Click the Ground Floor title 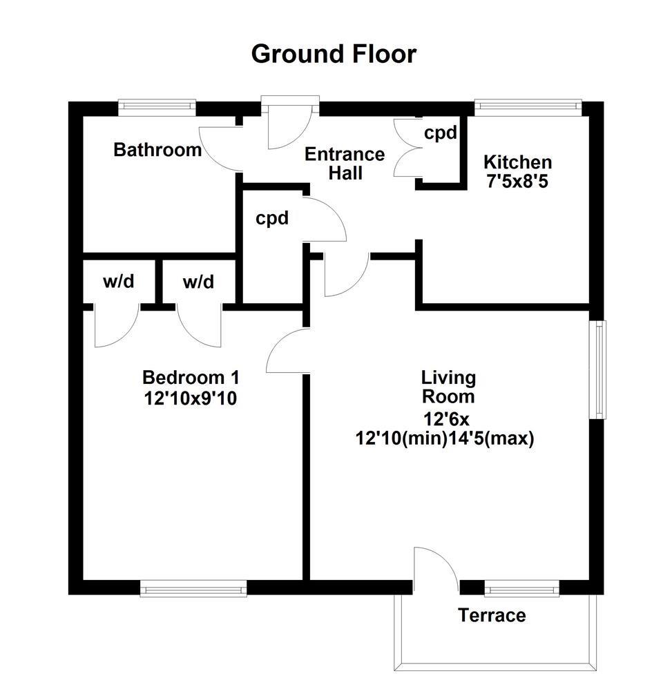334,53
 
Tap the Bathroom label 157,150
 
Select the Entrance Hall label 345,164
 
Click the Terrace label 492,615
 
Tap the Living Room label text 448,387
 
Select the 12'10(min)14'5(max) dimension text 445,438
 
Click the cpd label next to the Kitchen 440,133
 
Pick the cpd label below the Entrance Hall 271,219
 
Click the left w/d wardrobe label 118,282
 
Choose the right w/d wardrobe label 198,282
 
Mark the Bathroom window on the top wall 157,105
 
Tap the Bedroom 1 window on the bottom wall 193,589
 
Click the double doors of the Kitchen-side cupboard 405,149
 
